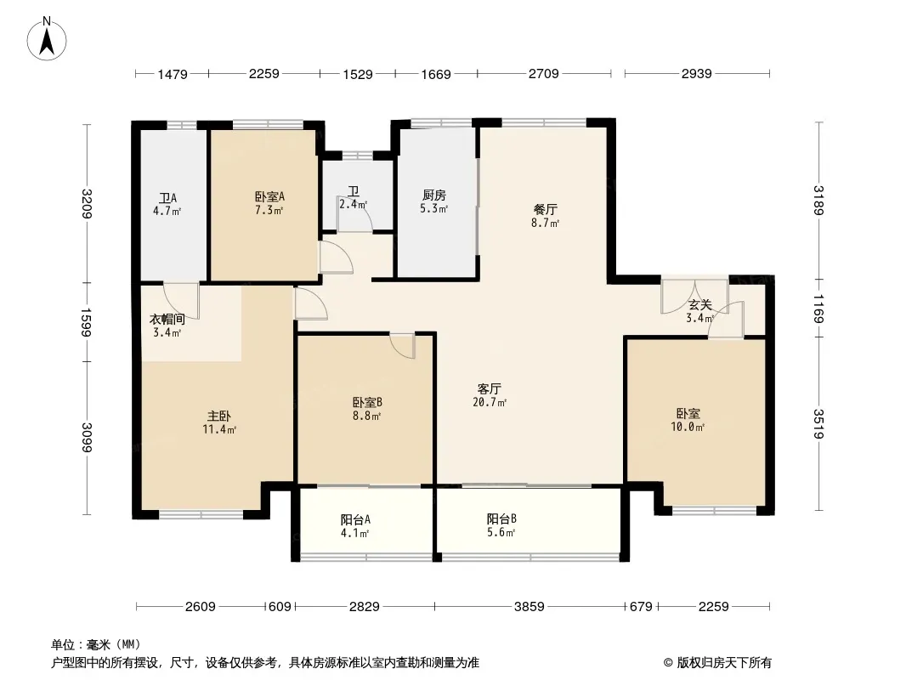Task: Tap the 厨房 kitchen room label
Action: pyautogui.click(x=435, y=195)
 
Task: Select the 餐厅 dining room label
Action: pyautogui.click(x=545, y=209)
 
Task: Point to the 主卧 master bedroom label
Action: pyautogui.click(x=219, y=416)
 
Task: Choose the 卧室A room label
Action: pyautogui.click(x=269, y=196)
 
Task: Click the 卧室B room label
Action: pyautogui.click(x=366, y=402)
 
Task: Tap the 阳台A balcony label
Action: pyautogui.click(x=354, y=519)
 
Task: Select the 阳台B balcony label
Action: pyautogui.click(x=501, y=518)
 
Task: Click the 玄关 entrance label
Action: pyautogui.click(x=699, y=304)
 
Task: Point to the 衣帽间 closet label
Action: pyautogui.click(x=167, y=319)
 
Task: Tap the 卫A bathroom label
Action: pyautogui.click(x=167, y=198)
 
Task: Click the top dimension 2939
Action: pyautogui.click(x=696, y=75)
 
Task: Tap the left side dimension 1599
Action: pyautogui.click(x=86, y=321)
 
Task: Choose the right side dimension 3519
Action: pyautogui.click(x=818, y=424)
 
